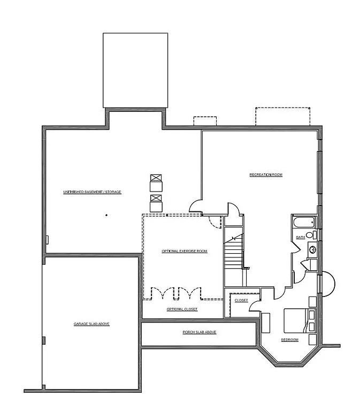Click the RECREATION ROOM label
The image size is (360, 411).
coord(266,175)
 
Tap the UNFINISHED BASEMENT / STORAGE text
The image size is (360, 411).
coord(93,192)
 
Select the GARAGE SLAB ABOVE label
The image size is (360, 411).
coord(91,324)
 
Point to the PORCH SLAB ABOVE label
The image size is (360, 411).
coord(200,332)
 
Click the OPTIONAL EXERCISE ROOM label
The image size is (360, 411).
coord(184,251)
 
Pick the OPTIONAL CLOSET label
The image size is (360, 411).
coord(182,309)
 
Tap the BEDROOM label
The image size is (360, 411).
coord(289,340)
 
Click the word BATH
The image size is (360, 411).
coord(300,237)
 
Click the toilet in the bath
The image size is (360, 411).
coord(310,235)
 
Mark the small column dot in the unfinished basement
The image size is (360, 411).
coord(106,215)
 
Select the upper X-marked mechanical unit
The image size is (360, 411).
coord(156,178)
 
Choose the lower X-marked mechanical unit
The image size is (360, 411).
coord(156,199)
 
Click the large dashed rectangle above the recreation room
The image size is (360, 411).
coord(282,116)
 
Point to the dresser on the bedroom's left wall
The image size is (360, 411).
coord(265,323)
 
